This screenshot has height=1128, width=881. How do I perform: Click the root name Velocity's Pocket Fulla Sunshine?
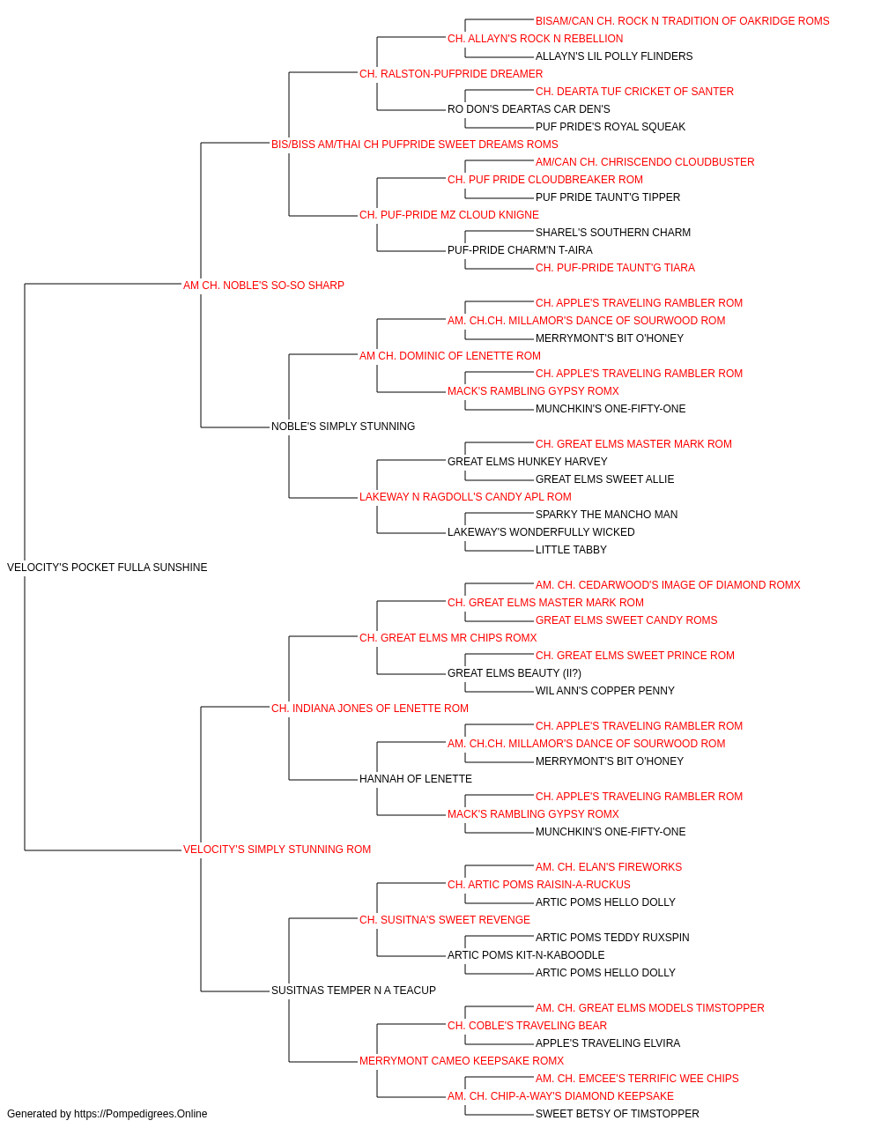coord(107,568)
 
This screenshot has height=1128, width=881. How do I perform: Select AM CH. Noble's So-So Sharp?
coord(263,286)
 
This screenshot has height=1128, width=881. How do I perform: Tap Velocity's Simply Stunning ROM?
coord(277,850)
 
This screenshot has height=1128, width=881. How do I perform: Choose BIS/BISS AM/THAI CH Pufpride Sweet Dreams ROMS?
coord(415,145)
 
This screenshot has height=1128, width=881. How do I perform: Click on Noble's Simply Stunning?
coord(343,427)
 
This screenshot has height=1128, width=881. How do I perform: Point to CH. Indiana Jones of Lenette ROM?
coord(370,708)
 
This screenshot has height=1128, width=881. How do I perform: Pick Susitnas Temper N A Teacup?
coord(353,990)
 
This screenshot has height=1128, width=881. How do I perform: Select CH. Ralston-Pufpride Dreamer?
coord(451,74)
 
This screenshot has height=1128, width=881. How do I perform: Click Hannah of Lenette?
coord(416,779)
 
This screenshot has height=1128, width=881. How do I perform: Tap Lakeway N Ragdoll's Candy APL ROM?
coord(465,497)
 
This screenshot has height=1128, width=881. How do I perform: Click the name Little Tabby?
coord(571,550)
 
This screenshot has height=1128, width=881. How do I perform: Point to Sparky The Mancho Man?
coord(606,515)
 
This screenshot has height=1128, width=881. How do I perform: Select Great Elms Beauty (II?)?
coord(515,672)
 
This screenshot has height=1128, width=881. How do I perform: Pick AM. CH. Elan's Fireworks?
coord(609,867)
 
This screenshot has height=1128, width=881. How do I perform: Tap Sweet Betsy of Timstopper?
coord(618,1114)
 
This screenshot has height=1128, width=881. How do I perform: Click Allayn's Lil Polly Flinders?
coord(614,56)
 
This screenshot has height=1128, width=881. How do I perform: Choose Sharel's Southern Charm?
coord(613,233)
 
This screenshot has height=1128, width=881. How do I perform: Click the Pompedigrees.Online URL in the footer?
coord(140,1114)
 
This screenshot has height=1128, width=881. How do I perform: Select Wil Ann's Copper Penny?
coord(605,690)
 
